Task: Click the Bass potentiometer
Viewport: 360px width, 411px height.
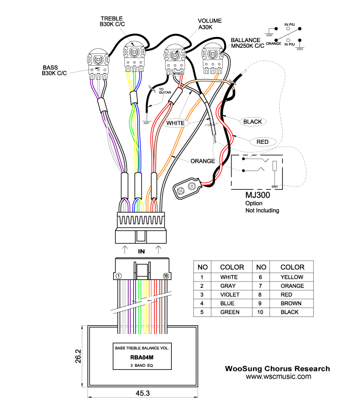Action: pos(98,64)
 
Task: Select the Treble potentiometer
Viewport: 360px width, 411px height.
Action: pos(134,57)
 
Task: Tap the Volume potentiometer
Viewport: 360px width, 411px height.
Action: pos(174,60)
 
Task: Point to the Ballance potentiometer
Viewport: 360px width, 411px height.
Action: pos(212,59)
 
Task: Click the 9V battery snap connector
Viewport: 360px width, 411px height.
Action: pos(187,188)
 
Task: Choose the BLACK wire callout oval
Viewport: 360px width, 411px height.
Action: pos(253,122)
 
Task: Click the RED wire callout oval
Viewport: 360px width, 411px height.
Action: pos(263,142)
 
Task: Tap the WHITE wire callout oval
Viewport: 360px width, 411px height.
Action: pos(175,123)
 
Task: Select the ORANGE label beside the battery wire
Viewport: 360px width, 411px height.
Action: pos(203,161)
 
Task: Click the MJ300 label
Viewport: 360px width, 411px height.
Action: pos(258,195)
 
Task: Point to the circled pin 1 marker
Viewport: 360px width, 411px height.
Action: pos(119,276)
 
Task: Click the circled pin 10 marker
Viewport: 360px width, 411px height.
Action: pos(166,276)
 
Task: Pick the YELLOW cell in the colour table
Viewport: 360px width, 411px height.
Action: pos(292,277)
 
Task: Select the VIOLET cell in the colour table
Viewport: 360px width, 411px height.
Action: pos(230,294)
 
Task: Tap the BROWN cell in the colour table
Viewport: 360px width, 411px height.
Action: pos(291,303)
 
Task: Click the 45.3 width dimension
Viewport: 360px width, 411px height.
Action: pos(143,393)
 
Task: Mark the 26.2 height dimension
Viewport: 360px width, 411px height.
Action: pos(78,356)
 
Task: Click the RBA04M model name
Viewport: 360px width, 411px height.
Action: pos(142,357)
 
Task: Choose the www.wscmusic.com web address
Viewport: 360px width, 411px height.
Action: pos(278,377)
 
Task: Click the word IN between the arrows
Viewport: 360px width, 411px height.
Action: pos(141,251)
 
